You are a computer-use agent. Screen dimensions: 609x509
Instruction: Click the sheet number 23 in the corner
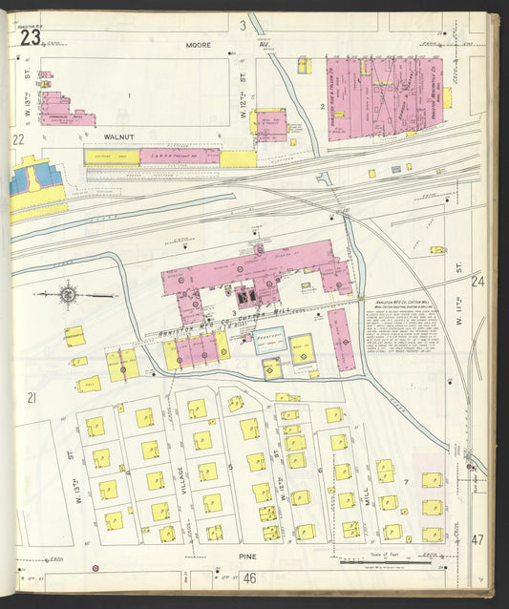29,37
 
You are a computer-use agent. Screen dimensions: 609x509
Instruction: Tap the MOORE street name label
199,44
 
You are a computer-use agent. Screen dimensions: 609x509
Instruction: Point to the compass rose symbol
70,295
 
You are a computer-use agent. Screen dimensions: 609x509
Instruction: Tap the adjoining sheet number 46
250,577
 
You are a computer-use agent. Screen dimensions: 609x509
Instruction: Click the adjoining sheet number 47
477,539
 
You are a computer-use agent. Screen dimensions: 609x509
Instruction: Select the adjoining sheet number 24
477,282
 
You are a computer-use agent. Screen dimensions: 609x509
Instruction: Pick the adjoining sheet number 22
17,139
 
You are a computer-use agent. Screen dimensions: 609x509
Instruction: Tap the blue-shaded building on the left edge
22,180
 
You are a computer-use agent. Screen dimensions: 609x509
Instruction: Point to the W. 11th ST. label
457,272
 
